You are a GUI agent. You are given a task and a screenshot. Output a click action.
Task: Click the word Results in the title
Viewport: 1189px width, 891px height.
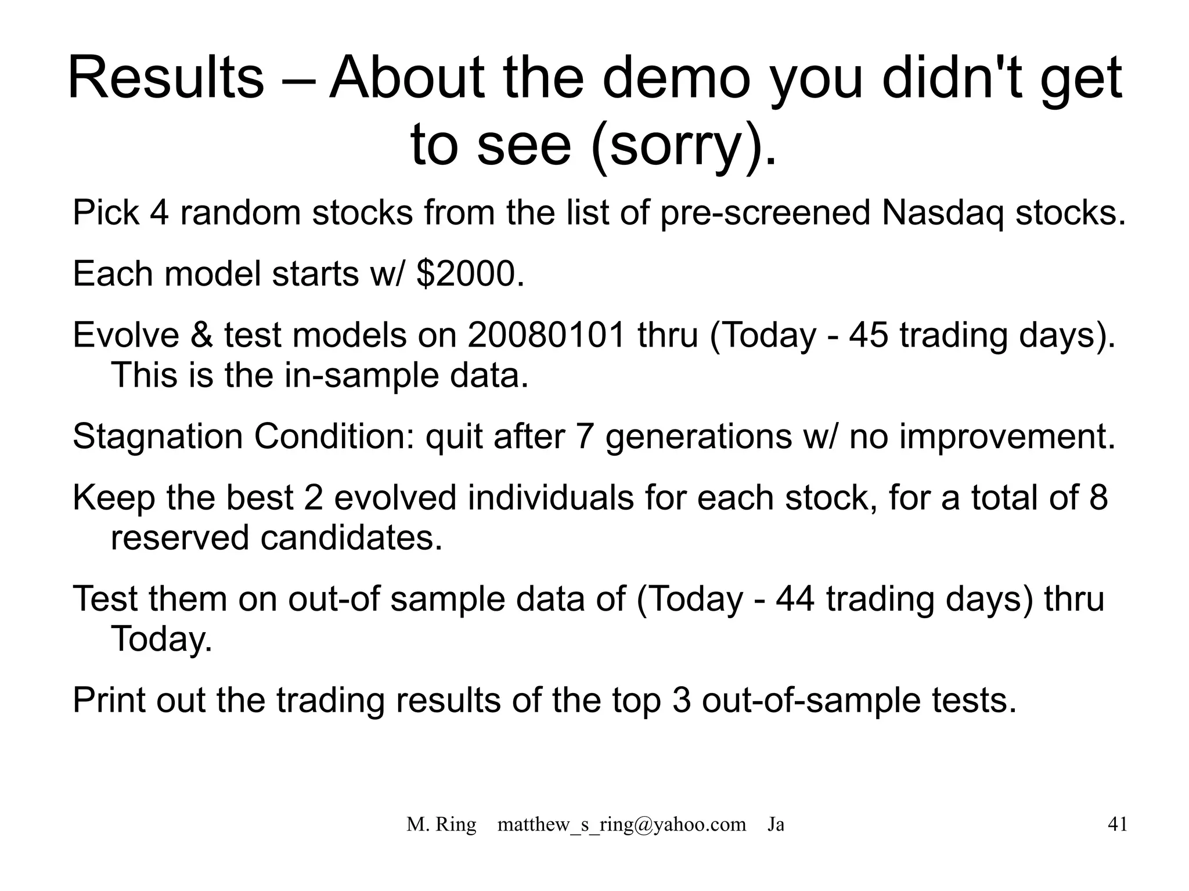point(165,78)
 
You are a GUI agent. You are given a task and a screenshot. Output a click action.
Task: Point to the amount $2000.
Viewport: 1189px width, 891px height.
point(470,273)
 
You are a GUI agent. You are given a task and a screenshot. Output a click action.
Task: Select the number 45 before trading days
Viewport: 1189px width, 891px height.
point(869,335)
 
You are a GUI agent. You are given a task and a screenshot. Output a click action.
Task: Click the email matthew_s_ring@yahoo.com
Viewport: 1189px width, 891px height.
point(621,824)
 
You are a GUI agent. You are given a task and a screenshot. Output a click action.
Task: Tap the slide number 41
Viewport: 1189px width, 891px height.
point(1118,824)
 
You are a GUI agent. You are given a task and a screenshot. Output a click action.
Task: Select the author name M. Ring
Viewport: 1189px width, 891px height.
point(441,824)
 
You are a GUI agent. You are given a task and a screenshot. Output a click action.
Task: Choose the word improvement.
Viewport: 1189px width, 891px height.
point(1007,436)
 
